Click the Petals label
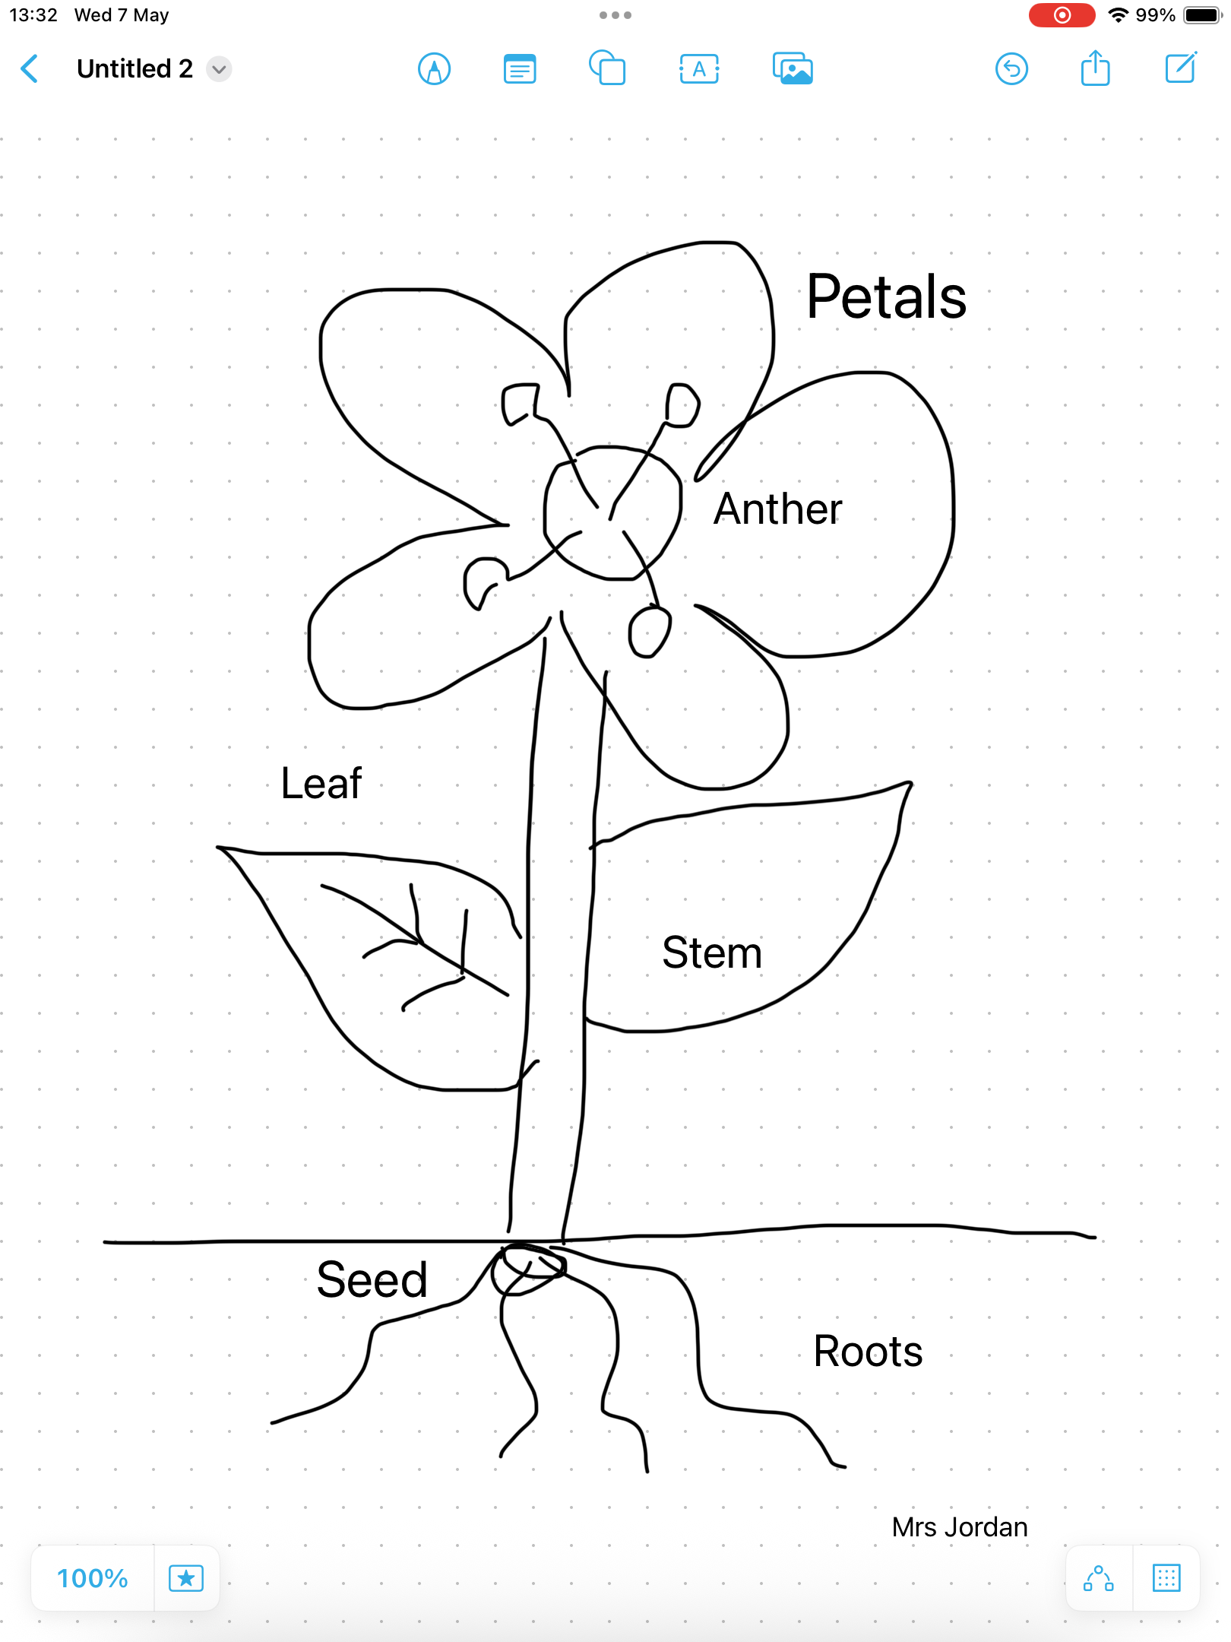pos(886,296)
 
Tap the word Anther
pos(778,509)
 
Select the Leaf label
pos(321,783)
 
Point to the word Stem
pos(712,953)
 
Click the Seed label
pos(372,1279)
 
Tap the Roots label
pos(868,1351)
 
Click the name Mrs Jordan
pos(960,1527)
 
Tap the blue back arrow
pos(30,68)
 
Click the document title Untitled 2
pos(134,68)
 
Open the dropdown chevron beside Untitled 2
pos(219,69)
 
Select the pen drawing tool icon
pos(434,69)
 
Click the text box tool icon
pos(699,69)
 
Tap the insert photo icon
pos(793,69)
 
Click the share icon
pos(1095,68)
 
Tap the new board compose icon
pos(1181,68)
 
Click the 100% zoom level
pos(93,1578)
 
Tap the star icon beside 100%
pos(186,1578)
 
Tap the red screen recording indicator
pos(1062,15)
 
